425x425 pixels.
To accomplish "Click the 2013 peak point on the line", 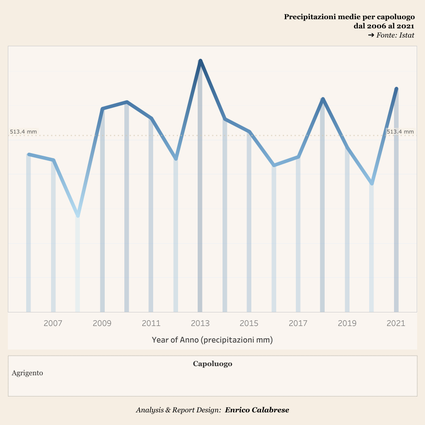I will tap(200, 61).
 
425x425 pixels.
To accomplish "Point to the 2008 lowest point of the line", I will tap(78, 215).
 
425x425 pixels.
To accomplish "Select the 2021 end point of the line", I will tap(396, 89).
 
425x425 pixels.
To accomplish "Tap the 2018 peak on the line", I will tap(322, 99).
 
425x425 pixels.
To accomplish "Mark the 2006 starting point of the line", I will tap(29, 154).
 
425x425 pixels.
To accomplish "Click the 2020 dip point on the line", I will tap(372, 184).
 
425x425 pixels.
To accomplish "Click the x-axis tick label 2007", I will tap(53, 323).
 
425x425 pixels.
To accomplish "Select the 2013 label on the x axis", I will tap(200, 323).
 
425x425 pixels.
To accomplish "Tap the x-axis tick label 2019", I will tap(347, 323).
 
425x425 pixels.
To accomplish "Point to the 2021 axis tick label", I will tap(396, 323).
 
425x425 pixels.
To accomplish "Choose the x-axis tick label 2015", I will tap(249, 323).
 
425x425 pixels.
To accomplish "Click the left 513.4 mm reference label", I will tap(23, 131).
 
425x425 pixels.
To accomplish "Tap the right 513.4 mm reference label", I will tap(400, 131).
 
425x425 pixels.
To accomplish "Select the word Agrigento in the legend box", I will tap(27, 373).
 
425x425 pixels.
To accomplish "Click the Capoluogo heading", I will tap(212, 363).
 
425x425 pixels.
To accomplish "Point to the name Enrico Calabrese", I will tap(257, 410).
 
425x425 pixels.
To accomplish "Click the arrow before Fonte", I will tap(371, 35).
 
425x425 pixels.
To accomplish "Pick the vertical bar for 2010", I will tap(127, 209).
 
